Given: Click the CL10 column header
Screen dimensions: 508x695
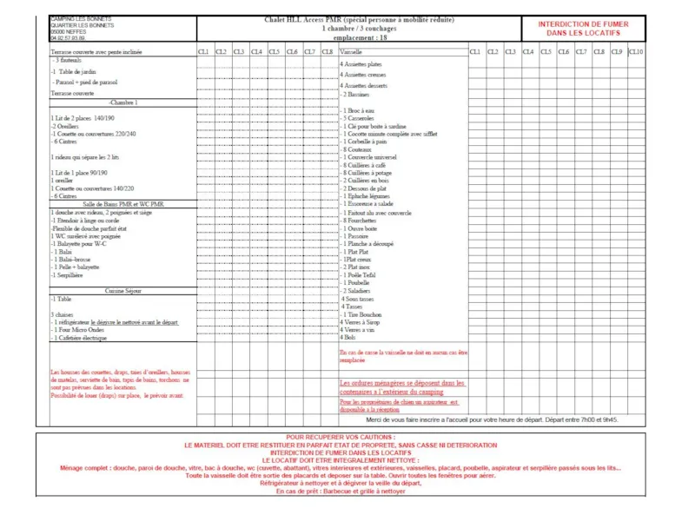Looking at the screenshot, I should (637, 52).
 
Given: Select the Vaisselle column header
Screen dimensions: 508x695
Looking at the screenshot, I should (352, 52).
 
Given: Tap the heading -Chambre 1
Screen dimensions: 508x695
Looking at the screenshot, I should (122, 102).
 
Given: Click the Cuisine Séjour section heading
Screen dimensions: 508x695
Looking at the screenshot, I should (122, 291).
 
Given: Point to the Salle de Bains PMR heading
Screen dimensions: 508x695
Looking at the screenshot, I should (122, 204).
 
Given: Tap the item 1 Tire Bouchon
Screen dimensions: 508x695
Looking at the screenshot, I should (362, 314).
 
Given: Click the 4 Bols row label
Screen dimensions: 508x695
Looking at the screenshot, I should (348, 337).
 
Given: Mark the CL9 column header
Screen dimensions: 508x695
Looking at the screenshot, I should (617, 52).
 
